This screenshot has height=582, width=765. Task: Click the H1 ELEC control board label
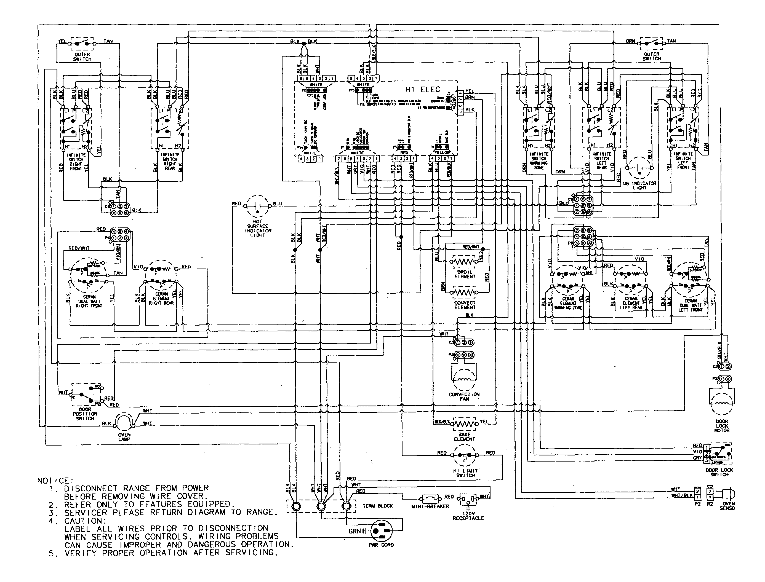pos(423,90)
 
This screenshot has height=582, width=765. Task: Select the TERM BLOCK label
pos(377,506)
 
